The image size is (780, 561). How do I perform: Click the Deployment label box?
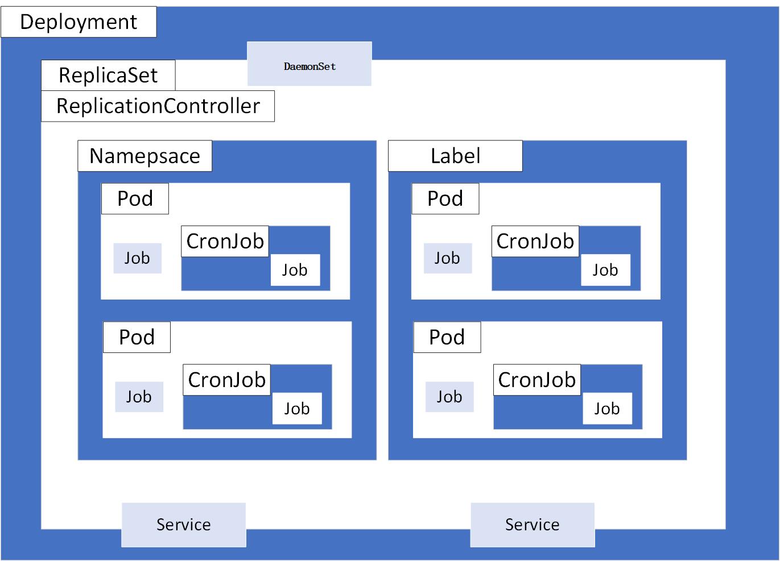(79, 22)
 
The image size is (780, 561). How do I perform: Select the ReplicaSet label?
(108, 75)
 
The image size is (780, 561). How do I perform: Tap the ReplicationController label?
(158, 106)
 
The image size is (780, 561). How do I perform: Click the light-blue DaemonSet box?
(309, 64)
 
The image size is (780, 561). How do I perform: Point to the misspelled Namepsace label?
(145, 156)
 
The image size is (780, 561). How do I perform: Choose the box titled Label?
(455, 156)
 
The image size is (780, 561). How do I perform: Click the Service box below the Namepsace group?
(184, 525)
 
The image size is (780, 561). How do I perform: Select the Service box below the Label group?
(533, 525)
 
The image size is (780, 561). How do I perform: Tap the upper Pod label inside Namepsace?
(135, 198)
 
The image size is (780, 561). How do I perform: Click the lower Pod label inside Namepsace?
(137, 337)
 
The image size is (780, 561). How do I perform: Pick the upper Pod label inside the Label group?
(445, 198)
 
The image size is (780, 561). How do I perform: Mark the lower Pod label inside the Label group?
(447, 337)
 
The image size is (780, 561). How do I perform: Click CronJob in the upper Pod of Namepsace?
(225, 241)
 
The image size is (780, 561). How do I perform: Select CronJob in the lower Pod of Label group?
(536, 380)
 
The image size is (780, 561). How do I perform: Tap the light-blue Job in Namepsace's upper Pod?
(137, 258)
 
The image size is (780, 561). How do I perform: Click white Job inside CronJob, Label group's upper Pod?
(605, 270)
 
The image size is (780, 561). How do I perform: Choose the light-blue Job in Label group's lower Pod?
(449, 397)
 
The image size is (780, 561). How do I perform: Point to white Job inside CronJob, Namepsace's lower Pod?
(297, 409)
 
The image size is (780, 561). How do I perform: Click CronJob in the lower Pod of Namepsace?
(226, 380)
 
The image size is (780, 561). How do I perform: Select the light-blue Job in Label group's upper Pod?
(448, 258)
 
